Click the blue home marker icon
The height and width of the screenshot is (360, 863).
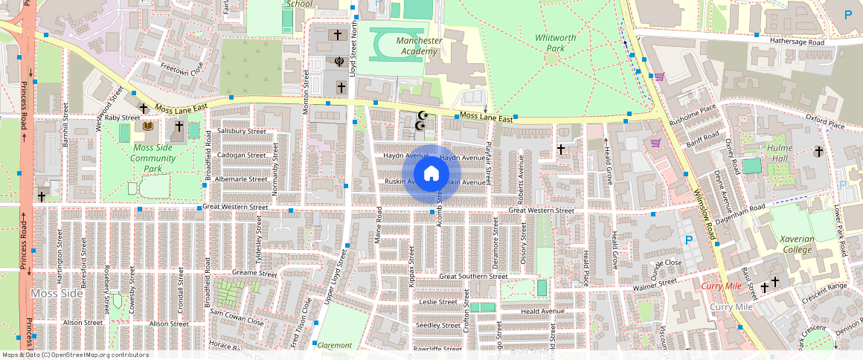431,174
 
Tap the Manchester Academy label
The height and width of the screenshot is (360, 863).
419,46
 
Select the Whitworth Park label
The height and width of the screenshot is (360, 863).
551,42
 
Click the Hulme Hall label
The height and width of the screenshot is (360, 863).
780,152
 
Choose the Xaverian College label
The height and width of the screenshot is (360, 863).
797,244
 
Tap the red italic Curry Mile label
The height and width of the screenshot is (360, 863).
722,286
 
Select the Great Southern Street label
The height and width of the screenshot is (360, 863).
473,276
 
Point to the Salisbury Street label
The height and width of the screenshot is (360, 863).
242,131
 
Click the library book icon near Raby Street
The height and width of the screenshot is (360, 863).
147,126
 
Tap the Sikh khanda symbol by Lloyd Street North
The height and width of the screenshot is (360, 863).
339,62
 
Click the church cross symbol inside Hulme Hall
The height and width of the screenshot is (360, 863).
818,152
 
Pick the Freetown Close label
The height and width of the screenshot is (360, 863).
182,69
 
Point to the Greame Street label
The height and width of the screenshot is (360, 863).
254,274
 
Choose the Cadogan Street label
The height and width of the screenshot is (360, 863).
242,155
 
